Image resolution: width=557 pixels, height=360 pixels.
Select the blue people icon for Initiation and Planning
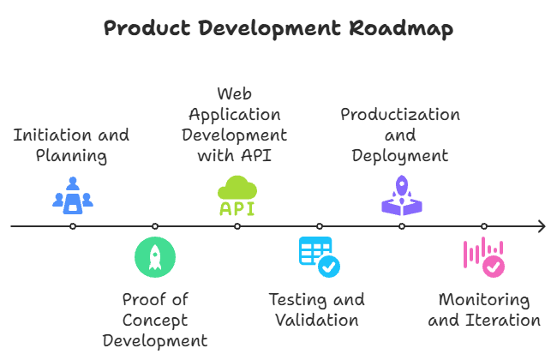tap(73, 195)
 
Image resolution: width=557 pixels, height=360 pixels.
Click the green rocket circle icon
tap(155, 256)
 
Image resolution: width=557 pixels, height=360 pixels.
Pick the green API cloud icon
tap(237, 196)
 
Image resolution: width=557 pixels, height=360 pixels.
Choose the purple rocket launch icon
tap(401, 195)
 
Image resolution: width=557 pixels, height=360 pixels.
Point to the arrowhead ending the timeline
tap(542, 226)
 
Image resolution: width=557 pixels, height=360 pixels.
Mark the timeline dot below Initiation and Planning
tap(73, 226)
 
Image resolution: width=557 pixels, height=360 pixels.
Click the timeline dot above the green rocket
tap(155, 226)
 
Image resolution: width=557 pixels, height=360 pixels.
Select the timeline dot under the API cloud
tap(237, 226)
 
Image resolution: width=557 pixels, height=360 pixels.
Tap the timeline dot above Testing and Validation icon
tap(320, 226)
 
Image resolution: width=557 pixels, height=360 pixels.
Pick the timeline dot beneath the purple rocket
tap(402, 226)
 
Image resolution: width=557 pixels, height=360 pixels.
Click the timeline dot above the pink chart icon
tap(484, 226)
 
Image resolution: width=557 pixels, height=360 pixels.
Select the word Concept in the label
tap(154, 321)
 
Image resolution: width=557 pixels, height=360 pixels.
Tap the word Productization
tap(400, 115)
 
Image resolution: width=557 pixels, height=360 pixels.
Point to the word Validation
tap(316, 321)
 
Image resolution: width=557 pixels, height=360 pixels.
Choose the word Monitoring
tap(484, 300)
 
